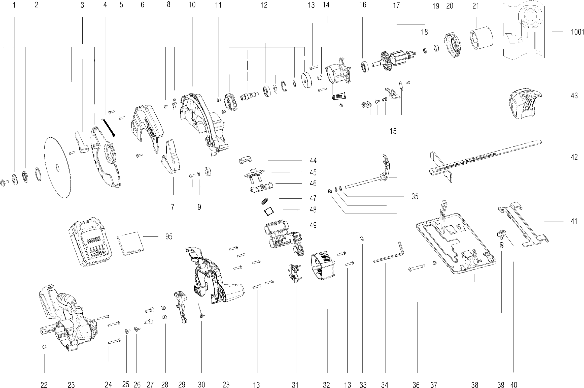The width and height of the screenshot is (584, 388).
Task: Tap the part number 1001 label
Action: [577, 32]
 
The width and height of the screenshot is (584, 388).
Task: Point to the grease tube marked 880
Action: [339, 97]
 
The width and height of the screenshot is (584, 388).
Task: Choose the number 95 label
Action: [169, 237]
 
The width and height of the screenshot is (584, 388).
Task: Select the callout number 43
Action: [574, 96]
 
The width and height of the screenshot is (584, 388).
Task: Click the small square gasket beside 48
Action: [268, 211]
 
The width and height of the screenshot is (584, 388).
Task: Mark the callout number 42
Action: [574, 157]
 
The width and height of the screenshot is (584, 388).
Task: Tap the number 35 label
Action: [415, 196]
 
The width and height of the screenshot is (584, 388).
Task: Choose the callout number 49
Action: [313, 225]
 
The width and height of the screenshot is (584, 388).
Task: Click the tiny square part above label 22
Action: [44, 347]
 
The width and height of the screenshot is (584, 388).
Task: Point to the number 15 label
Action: [393, 131]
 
